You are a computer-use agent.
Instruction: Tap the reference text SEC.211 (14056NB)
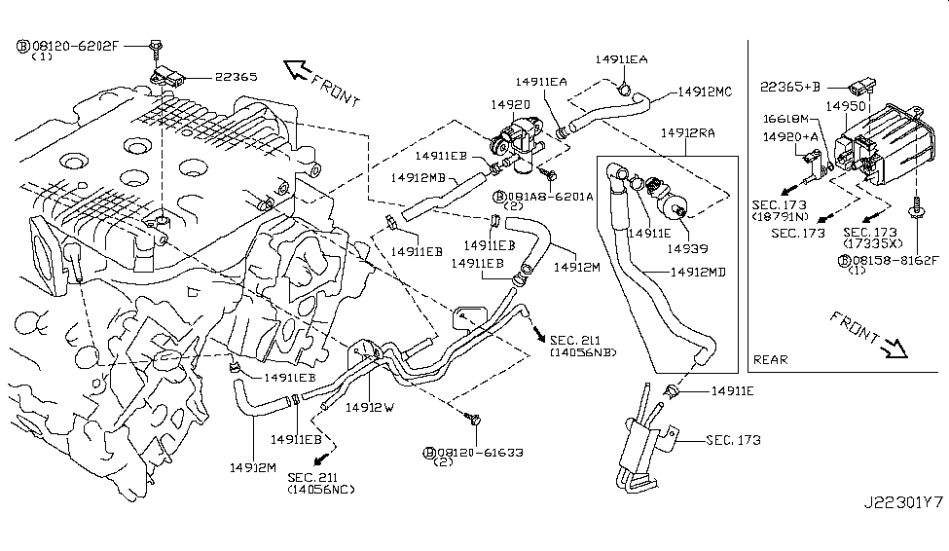click(583, 346)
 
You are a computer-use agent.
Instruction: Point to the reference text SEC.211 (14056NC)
click(321, 482)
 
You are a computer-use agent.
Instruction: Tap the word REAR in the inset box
click(771, 359)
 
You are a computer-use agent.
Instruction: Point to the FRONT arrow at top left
click(317, 83)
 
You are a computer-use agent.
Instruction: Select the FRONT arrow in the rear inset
click(868, 333)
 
